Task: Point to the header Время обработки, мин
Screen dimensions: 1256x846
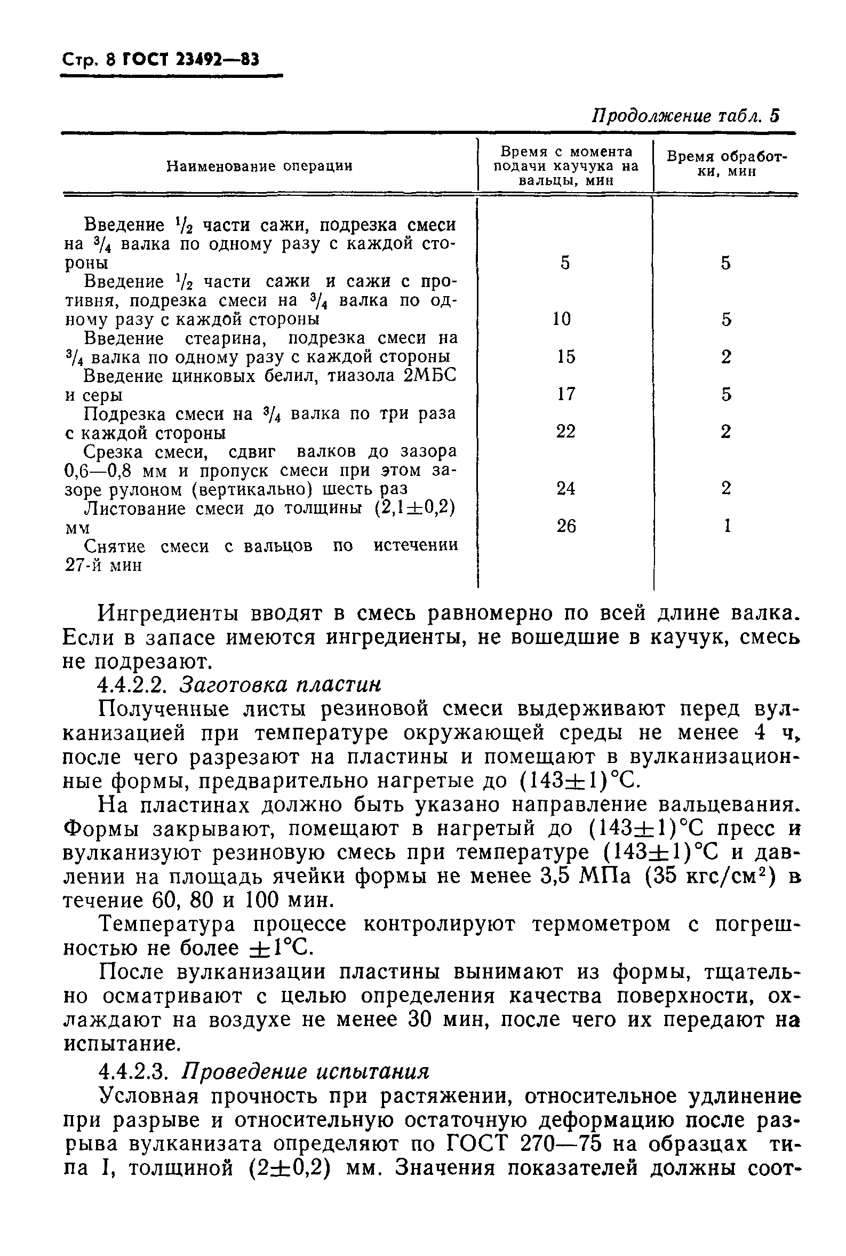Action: (x=726, y=164)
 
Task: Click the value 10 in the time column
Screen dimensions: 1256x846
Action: (x=562, y=319)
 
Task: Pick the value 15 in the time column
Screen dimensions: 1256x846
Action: (x=565, y=356)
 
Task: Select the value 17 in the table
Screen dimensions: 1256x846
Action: (x=565, y=394)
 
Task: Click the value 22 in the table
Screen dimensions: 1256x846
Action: (x=565, y=431)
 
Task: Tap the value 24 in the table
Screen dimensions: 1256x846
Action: (x=565, y=488)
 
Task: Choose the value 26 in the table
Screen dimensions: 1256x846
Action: (x=565, y=526)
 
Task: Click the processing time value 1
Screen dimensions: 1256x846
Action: (x=727, y=526)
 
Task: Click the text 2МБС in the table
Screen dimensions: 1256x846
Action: (x=429, y=376)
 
